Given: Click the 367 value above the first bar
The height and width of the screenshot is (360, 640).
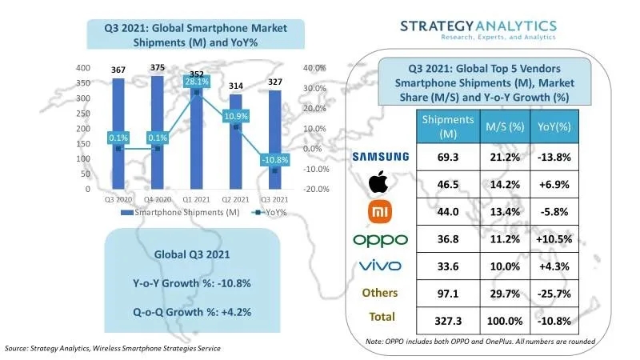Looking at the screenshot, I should (x=118, y=70).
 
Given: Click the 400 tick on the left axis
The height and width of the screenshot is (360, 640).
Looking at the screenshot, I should (x=82, y=68).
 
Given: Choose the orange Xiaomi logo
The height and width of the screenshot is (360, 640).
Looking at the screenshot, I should (x=379, y=211).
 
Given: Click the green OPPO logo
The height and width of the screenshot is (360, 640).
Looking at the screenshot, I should (x=380, y=239).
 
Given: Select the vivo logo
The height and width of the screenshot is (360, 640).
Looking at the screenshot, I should (x=380, y=265).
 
